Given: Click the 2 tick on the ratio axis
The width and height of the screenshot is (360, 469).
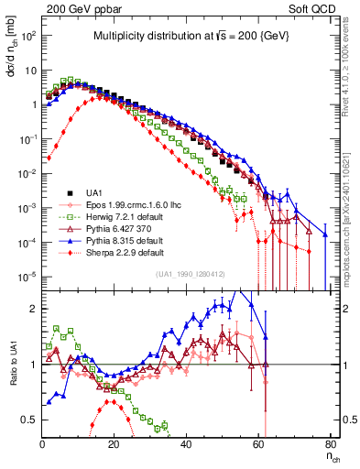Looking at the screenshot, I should [35, 309].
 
